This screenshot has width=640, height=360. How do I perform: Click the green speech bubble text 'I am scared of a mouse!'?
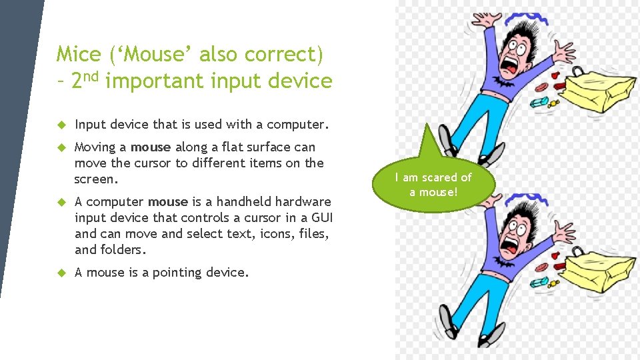pos(433,185)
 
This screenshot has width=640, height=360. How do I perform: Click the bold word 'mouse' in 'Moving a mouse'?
pos(151,147)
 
